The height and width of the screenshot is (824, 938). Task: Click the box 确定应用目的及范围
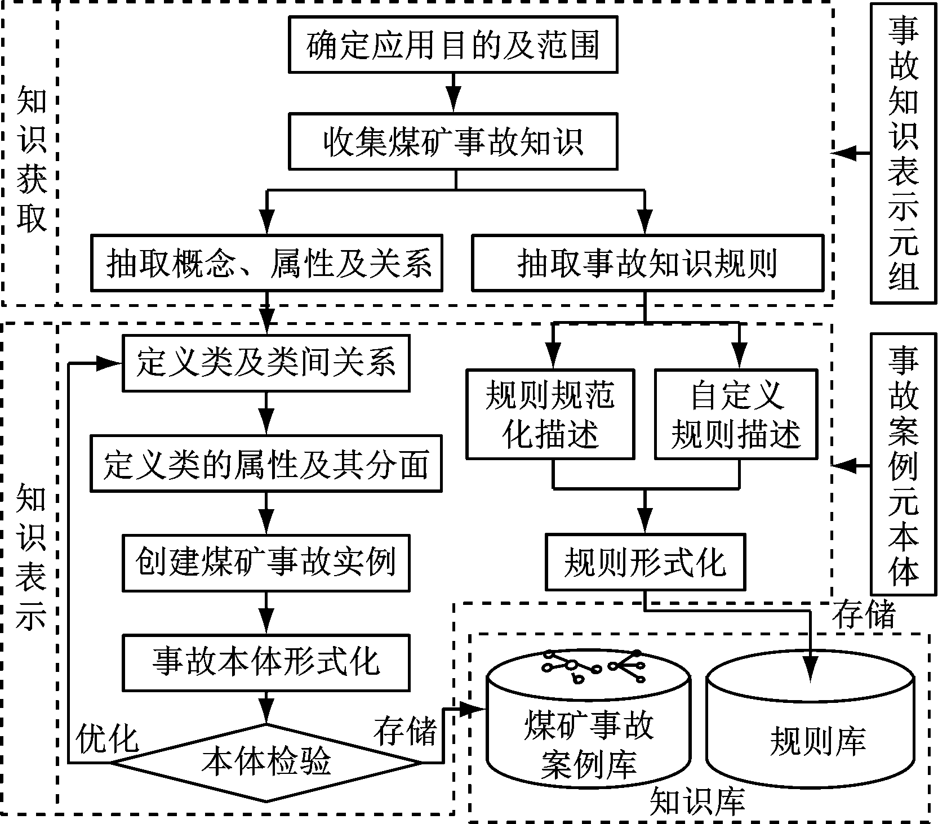(x=453, y=44)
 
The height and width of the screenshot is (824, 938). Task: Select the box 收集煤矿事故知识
(x=453, y=141)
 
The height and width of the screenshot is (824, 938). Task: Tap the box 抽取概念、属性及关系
(x=266, y=262)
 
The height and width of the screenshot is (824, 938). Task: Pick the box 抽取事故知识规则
(x=647, y=262)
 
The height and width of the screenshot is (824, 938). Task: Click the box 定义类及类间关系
(x=266, y=363)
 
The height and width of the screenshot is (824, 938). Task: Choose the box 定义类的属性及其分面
(x=266, y=463)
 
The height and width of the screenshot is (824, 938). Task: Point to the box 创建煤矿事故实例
(x=266, y=563)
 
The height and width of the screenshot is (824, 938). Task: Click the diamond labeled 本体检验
(x=266, y=763)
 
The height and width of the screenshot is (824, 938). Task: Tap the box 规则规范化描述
(x=550, y=414)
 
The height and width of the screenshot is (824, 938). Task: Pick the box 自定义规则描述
(x=736, y=414)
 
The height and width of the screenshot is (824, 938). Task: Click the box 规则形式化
(x=644, y=563)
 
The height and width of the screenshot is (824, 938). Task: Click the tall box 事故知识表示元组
(x=903, y=153)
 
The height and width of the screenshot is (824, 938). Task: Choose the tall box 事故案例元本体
(x=903, y=465)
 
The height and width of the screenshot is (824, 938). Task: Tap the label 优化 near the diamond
(x=107, y=738)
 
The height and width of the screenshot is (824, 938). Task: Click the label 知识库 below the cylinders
(x=697, y=801)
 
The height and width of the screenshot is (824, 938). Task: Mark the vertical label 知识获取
(x=31, y=159)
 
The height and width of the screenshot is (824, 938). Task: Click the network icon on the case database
(x=592, y=665)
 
